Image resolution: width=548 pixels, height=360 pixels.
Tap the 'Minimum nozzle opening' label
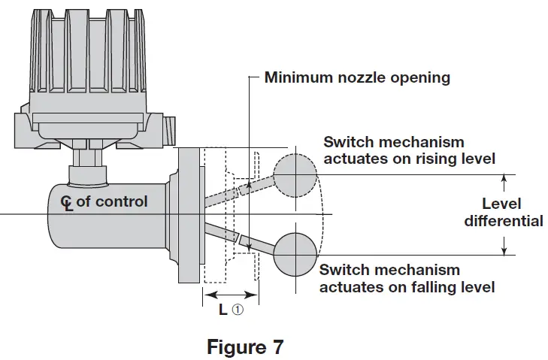pyautogui.click(x=357, y=77)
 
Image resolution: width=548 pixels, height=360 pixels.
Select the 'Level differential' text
pyautogui.click(x=503, y=213)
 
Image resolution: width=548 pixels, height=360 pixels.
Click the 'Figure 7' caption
pyautogui.click(x=245, y=347)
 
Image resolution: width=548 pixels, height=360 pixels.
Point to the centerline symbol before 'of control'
pyautogui.click(x=68, y=202)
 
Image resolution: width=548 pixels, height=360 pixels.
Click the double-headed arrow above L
pyautogui.click(x=231, y=295)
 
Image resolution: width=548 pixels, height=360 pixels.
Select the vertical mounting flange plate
pyautogui.click(x=189, y=215)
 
